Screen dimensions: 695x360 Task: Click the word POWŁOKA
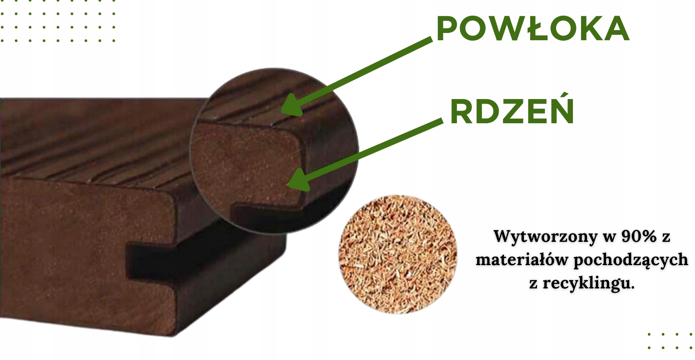pos(532,29)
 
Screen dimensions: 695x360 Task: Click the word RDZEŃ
pos(512,111)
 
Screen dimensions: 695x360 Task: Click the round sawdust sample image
pos(398,255)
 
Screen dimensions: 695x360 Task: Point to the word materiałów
pos(521,259)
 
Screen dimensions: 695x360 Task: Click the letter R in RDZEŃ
pos(462,111)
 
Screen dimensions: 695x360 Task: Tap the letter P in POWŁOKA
pos(447,29)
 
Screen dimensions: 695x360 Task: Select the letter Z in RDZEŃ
pos(512,111)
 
